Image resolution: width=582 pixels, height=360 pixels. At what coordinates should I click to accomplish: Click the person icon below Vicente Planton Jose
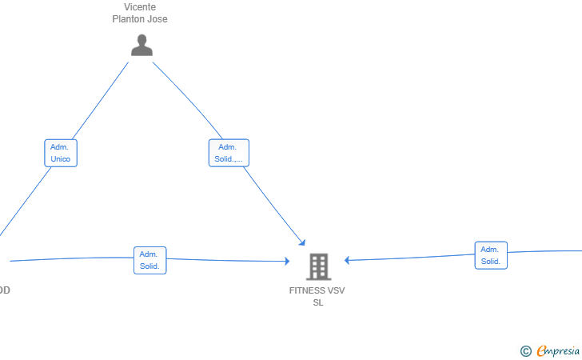point(142,45)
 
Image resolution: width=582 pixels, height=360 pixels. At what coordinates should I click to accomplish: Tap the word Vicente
point(140,7)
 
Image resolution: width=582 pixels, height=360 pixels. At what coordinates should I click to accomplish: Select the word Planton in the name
point(129,19)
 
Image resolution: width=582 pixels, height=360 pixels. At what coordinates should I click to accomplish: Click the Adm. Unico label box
point(61,153)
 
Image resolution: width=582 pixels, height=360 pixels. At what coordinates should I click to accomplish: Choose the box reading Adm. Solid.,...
point(229,153)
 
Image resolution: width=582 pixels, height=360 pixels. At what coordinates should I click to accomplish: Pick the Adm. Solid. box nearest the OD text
point(150,261)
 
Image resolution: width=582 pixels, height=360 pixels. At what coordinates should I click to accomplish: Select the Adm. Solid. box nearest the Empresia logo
point(491,255)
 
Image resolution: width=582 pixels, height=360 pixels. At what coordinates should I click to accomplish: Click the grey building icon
point(318,266)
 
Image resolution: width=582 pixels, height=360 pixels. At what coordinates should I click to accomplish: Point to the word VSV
point(336,290)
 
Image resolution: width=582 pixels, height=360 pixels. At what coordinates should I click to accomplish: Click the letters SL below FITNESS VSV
point(318,302)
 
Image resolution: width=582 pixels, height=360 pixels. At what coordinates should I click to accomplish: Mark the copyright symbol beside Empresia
point(526,351)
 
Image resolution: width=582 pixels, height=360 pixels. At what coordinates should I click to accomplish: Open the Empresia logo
point(558,350)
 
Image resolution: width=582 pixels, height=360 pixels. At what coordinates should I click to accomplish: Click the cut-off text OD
point(5,290)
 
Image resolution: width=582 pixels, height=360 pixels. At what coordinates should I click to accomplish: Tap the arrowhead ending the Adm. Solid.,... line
point(302,243)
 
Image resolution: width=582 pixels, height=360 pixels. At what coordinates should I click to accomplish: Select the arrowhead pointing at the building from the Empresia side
point(347,260)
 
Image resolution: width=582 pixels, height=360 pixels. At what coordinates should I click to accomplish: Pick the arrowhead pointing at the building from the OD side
point(287,261)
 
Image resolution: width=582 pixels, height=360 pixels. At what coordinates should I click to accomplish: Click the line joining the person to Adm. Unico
point(100,101)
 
